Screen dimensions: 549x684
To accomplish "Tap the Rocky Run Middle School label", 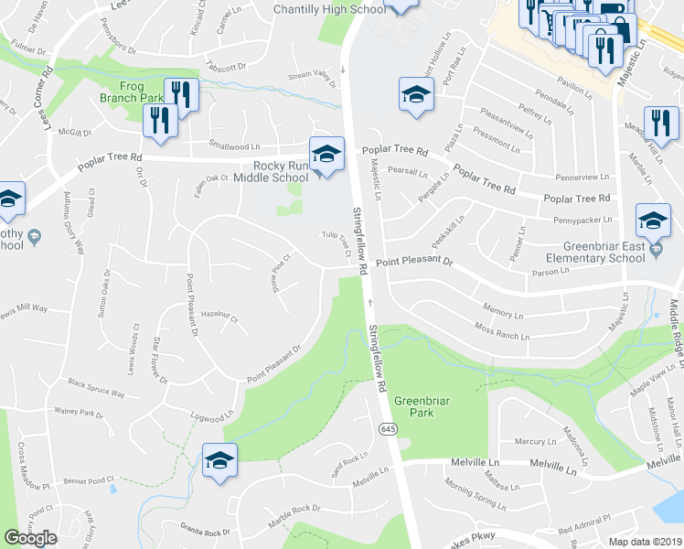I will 281,171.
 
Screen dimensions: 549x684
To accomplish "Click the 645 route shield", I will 389,428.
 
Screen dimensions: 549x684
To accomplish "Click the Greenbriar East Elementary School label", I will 619,251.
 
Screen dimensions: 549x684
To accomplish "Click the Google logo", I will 30,538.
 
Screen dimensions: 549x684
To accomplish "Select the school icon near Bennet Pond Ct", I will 219,460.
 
